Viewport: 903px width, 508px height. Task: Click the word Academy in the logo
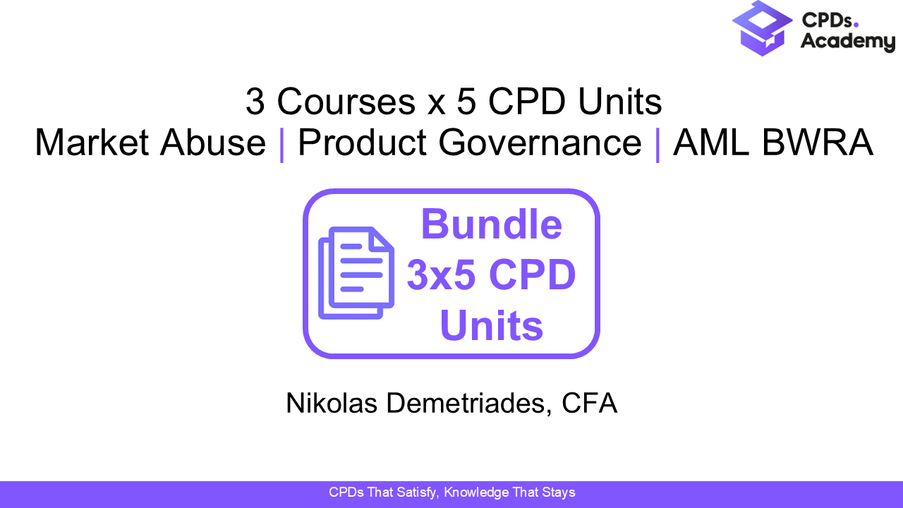click(847, 42)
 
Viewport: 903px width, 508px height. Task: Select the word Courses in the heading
click(346, 102)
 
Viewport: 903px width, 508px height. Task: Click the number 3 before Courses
click(255, 102)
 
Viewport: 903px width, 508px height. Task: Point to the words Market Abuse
click(150, 143)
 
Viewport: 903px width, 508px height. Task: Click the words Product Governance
click(469, 143)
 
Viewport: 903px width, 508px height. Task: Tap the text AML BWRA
click(773, 143)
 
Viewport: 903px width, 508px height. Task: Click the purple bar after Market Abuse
click(282, 144)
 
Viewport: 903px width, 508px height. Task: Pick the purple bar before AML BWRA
click(657, 144)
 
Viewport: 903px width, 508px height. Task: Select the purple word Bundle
click(491, 224)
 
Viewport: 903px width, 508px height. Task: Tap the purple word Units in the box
click(491, 326)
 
